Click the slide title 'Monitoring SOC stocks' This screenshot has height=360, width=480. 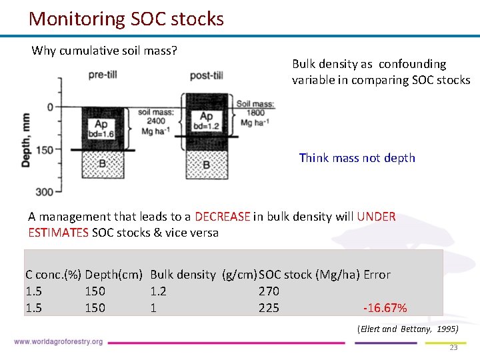point(126,19)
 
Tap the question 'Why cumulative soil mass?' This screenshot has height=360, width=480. point(105,51)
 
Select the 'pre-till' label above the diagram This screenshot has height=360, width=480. point(102,75)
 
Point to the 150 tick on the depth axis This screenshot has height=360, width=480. point(43,149)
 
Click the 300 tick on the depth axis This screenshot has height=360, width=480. point(43,192)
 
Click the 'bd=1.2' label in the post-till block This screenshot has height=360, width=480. point(207,126)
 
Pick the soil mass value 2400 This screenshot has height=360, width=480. point(156,121)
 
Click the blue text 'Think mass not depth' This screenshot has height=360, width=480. point(357,158)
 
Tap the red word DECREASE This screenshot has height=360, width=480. point(223,217)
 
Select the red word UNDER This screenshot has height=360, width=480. point(376,217)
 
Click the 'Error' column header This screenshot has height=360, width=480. point(377,275)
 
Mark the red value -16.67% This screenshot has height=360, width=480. point(385,308)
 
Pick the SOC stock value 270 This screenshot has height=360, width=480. point(269,291)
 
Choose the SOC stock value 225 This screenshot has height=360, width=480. point(269,308)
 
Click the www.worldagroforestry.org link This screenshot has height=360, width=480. point(58,342)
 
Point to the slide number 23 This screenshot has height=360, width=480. point(453,347)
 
